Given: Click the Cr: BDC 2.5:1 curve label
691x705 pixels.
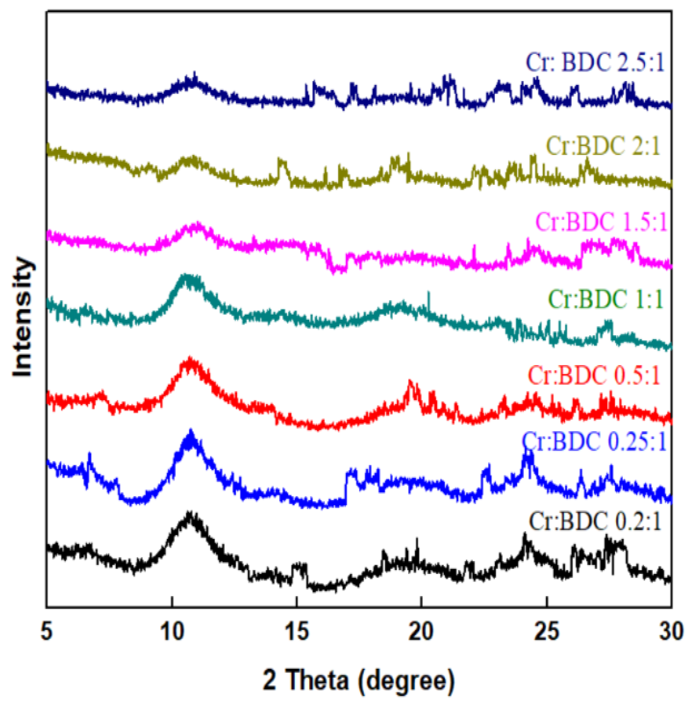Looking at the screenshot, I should coord(595,62).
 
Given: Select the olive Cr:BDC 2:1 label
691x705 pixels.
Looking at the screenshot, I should coord(603,146).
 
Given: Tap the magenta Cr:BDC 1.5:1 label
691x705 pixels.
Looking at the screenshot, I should coord(601,222).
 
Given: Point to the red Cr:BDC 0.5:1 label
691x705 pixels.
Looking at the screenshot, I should coord(594,375).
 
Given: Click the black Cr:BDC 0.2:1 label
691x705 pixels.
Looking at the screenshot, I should coord(595,521).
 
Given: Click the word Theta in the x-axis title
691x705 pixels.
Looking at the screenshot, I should coord(317,680).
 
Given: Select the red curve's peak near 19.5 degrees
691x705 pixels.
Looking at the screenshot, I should coord(410,382).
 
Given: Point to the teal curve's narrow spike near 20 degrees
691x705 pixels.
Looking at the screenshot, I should coord(428,293).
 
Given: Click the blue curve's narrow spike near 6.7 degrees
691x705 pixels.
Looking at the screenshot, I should coord(90,454).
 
